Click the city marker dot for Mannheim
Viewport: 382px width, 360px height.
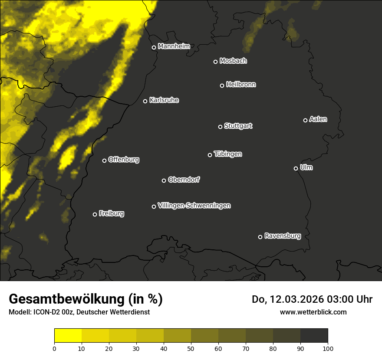coord(154,48)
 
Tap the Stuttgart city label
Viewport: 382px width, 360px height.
coord(238,126)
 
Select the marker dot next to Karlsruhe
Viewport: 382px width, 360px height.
coord(145,101)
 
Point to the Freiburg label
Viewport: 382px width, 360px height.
coord(111,213)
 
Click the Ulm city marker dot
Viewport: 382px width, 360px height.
coord(296,168)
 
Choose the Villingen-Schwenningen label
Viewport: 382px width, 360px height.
coord(194,206)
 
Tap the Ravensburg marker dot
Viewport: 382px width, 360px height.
coord(260,237)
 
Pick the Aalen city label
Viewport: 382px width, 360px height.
coord(318,119)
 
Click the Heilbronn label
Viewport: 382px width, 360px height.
coord(241,85)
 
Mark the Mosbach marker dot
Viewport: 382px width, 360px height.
coord(215,62)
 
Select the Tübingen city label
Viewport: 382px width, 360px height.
coord(228,154)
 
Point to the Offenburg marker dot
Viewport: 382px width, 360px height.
coord(104,160)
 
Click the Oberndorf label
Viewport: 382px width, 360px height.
coord(184,180)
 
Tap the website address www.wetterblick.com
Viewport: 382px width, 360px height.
coord(313,312)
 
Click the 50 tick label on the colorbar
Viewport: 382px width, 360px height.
coord(191,348)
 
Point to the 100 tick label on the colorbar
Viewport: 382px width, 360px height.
coord(327,348)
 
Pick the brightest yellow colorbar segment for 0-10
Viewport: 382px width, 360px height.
coord(68,336)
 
